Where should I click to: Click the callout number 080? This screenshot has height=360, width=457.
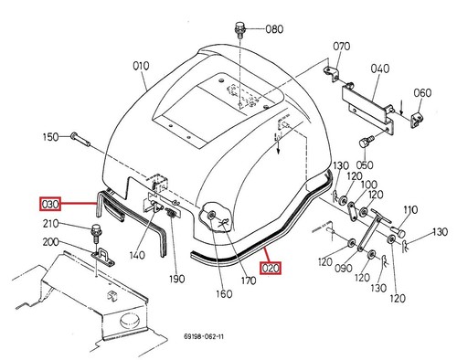274,29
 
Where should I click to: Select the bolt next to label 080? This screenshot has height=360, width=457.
239,29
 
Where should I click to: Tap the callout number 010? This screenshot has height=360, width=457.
141,66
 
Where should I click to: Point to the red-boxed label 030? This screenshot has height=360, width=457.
50,204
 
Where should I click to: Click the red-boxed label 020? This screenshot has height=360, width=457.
271,268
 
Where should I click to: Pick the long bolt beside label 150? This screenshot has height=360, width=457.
80,139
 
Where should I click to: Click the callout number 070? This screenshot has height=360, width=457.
342,47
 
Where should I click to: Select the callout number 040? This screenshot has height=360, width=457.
380,69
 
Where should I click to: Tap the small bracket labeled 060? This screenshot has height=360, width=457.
417,120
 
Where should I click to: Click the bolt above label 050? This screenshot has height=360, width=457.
367,143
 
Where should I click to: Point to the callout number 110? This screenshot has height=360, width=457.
410,210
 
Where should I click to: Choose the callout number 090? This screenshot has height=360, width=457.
344,269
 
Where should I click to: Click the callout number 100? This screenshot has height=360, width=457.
369,185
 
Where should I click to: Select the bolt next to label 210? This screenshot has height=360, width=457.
96,233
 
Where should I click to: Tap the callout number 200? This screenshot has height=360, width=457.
50,242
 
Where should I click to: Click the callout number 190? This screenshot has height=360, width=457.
177,279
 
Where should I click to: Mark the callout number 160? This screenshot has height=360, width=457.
224,294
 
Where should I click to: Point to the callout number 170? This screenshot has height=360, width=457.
249,281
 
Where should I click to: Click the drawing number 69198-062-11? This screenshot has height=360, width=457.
204,336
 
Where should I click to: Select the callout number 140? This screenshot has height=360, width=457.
137,255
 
